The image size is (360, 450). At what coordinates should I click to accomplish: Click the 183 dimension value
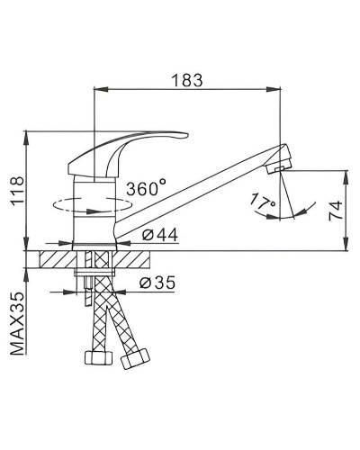[187, 80]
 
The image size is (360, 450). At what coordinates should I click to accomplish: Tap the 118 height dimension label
[17, 191]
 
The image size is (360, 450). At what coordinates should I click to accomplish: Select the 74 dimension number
[336, 211]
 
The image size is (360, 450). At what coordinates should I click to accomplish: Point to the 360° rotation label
[146, 188]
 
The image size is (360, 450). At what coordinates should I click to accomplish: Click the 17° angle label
[262, 202]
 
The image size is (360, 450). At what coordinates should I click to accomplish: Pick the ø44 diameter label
[159, 235]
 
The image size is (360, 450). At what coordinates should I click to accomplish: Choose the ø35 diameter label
[157, 283]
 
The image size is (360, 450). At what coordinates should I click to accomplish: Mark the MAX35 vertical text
[17, 323]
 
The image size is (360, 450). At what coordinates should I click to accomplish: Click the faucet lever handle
[127, 152]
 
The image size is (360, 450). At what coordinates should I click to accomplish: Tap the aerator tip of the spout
[278, 158]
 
